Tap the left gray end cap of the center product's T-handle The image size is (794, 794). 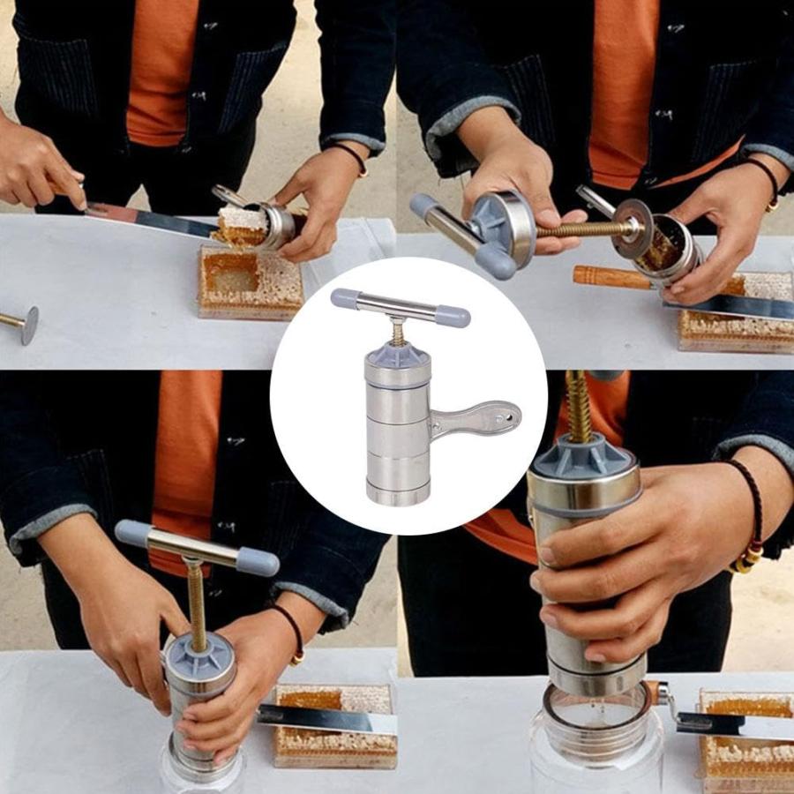tap(345, 297)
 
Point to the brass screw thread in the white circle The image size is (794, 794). tap(398, 333)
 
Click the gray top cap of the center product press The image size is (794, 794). tap(399, 353)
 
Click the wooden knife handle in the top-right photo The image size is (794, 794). tap(611, 278)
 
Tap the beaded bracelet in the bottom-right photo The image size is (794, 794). tap(751, 521)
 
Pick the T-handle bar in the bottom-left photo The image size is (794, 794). tap(196, 548)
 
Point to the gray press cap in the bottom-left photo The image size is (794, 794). tap(200, 655)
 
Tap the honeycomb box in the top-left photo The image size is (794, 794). tap(251, 284)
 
